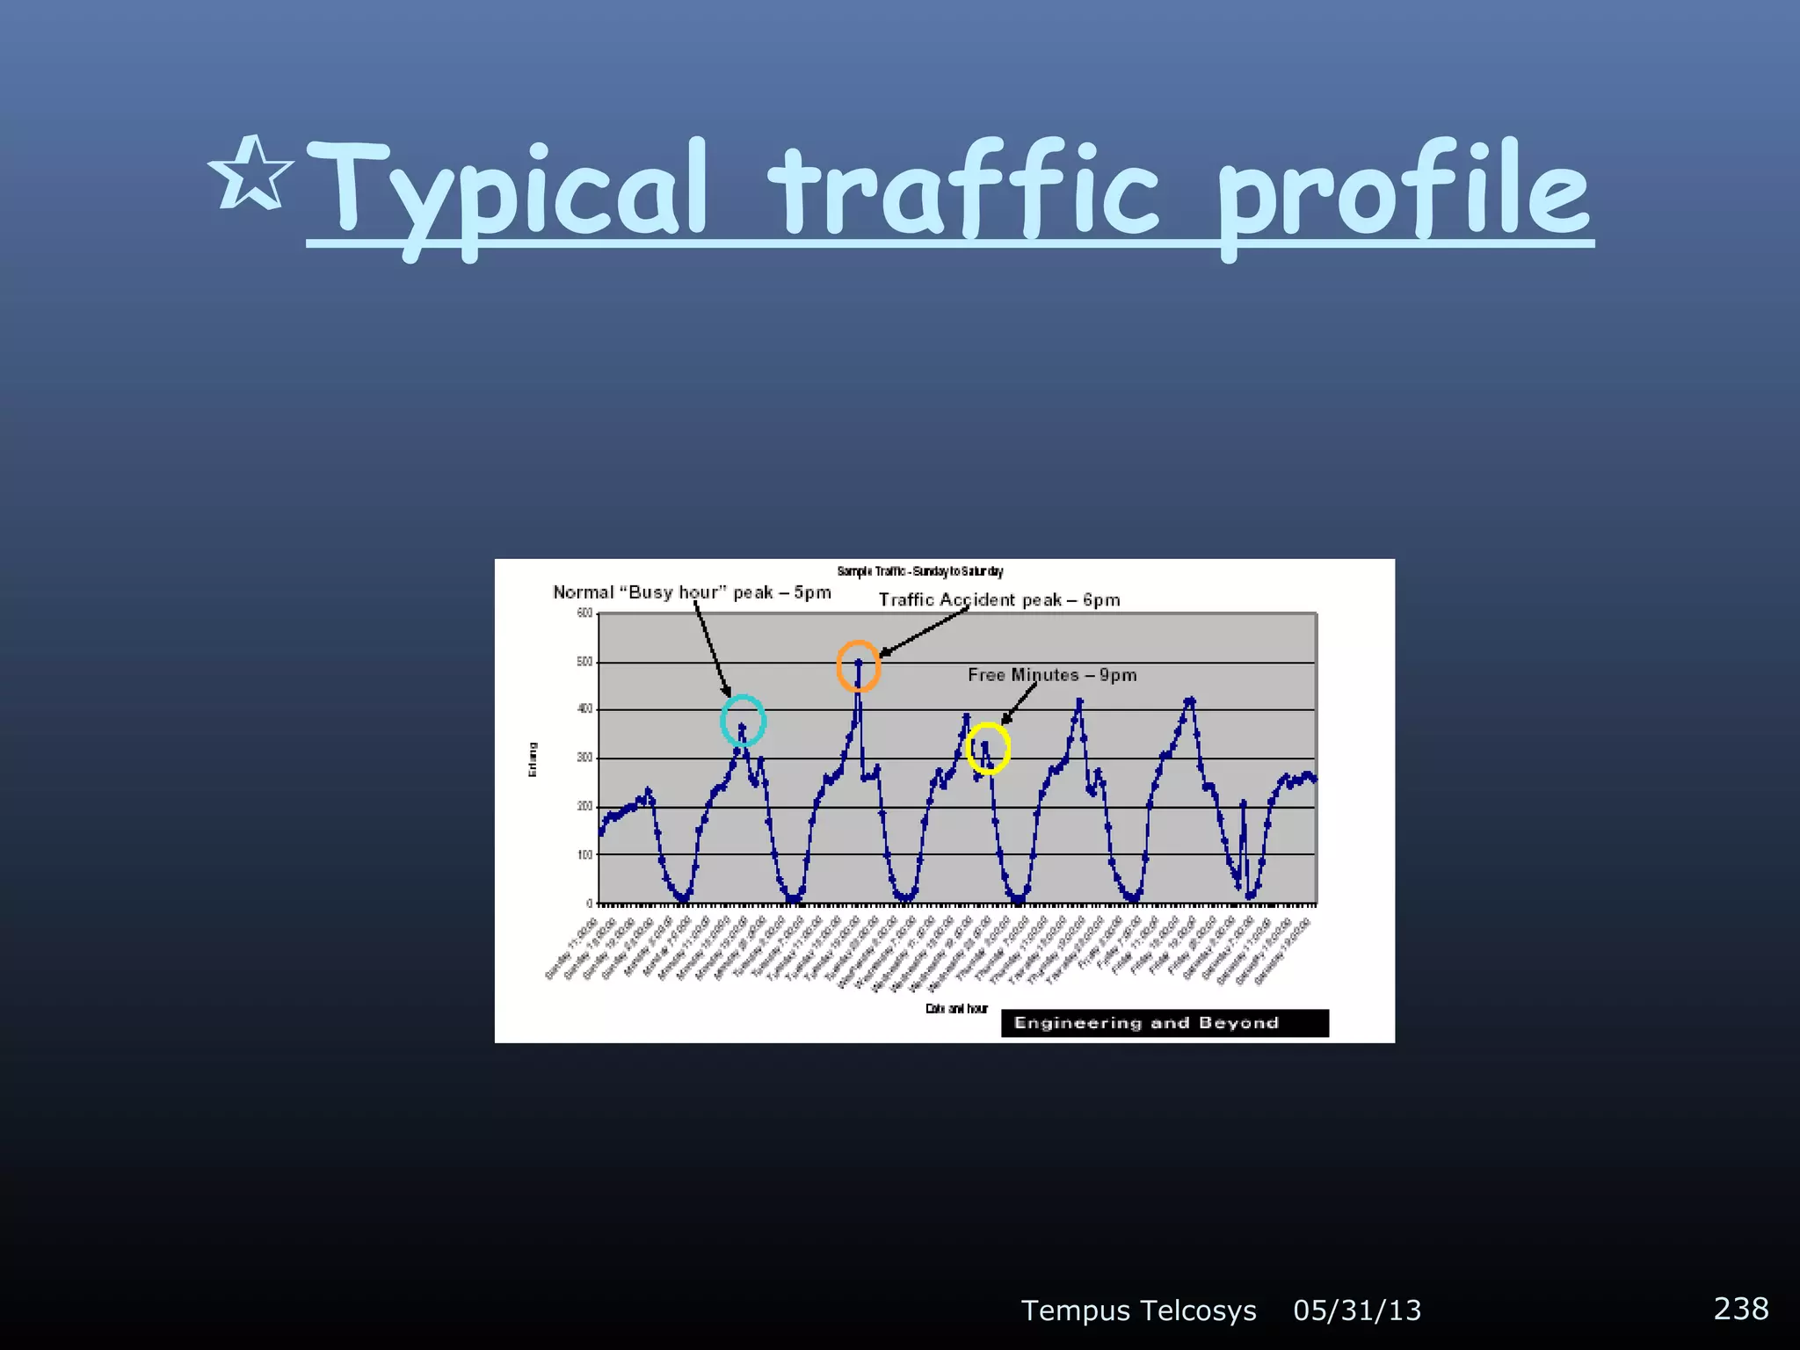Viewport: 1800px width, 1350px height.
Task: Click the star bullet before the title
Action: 251,174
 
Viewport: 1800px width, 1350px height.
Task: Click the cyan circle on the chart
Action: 743,721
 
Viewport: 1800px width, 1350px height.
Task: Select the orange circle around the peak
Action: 858,666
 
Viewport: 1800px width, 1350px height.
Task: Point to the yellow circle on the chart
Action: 988,748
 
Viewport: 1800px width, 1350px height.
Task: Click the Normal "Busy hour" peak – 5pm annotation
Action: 692,592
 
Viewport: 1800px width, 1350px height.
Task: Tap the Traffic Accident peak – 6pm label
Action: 999,599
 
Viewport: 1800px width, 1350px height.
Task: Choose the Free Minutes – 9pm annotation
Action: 1052,675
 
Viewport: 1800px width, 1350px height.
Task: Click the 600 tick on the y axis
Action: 584,613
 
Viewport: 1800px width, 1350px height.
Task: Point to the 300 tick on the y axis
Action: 584,758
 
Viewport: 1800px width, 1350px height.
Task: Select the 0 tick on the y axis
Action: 589,903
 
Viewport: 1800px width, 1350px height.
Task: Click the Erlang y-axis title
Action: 533,759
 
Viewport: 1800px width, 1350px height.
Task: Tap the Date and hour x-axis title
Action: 956,1009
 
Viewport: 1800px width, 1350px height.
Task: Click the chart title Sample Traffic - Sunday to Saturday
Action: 919,571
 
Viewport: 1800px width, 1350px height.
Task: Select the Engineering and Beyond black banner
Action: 1165,1023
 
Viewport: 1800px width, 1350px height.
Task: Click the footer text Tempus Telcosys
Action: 1138,1310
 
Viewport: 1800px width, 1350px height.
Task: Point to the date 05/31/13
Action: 1357,1310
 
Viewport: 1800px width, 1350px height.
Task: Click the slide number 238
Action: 1740,1308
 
